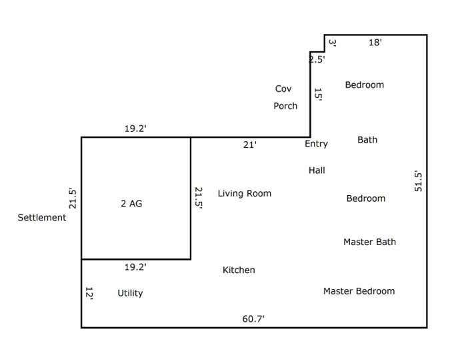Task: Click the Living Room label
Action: pos(245,193)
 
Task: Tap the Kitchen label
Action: pos(239,270)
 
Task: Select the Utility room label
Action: pos(130,293)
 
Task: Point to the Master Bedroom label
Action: pos(359,291)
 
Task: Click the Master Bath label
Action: pos(369,242)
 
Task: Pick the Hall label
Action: pos(317,170)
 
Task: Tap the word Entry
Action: pos(316,144)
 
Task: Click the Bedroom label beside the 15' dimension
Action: pos(365,85)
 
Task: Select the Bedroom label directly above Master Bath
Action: pos(366,198)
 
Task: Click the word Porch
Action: pos(285,106)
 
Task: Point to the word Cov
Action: pos(283,89)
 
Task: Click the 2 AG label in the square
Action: pos(131,203)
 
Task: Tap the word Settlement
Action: pos(42,217)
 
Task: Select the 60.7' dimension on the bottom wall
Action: pos(253,319)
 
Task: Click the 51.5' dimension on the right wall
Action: pos(418,180)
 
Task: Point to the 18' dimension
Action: pos(375,43)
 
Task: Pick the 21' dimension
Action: pos(250,145)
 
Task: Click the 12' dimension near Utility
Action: pos(89,294)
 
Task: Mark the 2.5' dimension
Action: pos(317,59)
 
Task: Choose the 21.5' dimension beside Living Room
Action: pos(199,198)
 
